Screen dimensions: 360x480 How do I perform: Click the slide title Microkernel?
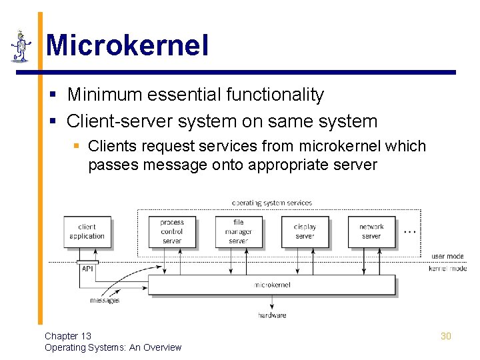pos(127,46)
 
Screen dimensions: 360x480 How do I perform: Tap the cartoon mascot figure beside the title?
pos(21,46)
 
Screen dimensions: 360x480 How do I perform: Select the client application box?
pos(87,231)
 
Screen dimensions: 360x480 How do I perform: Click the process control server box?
pos(172,231)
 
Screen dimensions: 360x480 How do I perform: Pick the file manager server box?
pos(238,231)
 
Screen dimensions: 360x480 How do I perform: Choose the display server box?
pos(305,231)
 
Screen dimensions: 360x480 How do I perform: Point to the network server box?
pos(371,231)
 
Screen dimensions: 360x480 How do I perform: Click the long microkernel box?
pos(271,285)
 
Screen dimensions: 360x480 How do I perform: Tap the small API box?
pos(87,269)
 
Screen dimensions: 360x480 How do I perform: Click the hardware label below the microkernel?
pos(271,315)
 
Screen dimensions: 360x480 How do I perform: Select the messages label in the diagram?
pos(105,301)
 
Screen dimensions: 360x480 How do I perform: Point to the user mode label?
pos(447,256)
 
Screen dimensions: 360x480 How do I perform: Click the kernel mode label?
pos(447,269)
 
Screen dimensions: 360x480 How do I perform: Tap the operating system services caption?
pos(271,203)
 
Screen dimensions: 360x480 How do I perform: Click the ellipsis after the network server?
pos(410,231)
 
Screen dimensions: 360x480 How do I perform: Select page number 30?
pos(446,336)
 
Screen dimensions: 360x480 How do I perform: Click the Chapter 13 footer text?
pos(68,336)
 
